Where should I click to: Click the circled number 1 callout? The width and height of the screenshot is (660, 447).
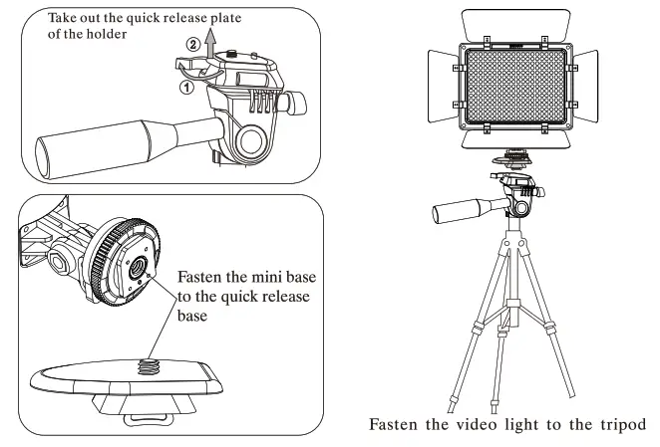[x=185, y=88]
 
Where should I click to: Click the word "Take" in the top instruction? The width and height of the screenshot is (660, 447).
[x=65, y=18]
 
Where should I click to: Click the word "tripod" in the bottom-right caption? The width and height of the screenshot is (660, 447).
[x=620, y=425]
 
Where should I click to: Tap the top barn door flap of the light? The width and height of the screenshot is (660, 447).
[x=516, y=22]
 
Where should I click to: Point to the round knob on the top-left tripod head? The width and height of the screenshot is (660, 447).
[x=251, y=136]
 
